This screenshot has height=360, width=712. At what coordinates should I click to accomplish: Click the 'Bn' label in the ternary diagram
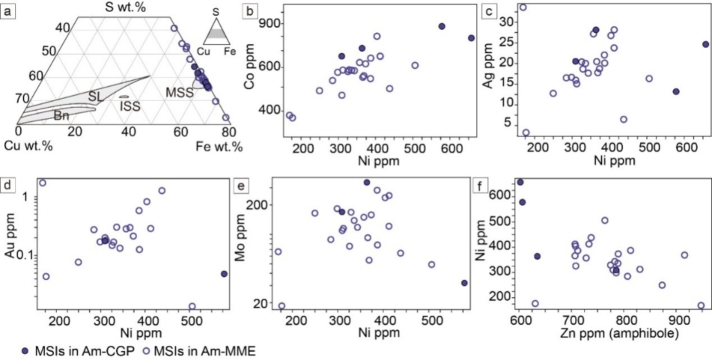pos(62,116)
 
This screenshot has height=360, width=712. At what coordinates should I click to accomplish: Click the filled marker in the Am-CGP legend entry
pos(8,350)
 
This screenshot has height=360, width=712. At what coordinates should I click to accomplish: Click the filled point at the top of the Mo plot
pos(367,182)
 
